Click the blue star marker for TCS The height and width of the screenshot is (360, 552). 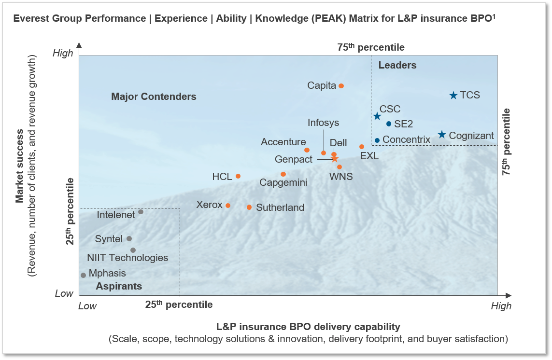pos(453,96)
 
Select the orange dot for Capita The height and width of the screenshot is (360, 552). pos(341,86)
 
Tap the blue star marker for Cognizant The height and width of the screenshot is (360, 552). pos(441,135)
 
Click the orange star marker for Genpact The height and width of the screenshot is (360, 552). pos(335,158)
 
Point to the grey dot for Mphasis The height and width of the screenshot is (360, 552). pos(83,275)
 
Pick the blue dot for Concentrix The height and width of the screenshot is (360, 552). pos(377,140)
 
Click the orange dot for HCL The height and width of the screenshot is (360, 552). pos(238,176)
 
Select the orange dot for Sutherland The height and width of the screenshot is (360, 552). pos(249,208)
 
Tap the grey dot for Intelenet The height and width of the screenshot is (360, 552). pos(141,212)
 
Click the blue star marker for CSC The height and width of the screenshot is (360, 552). pos(377,116)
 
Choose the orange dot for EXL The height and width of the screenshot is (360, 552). pos(361,147)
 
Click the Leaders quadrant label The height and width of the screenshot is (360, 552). pos(397,65)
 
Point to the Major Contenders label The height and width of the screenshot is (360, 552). pos(154,97)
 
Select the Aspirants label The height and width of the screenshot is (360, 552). pos(119,286)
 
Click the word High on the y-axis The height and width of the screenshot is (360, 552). pos(62,53)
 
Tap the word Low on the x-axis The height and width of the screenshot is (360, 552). pos(87,305)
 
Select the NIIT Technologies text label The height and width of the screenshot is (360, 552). pos(127,258)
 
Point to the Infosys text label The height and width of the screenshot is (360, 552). pos(323,123)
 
